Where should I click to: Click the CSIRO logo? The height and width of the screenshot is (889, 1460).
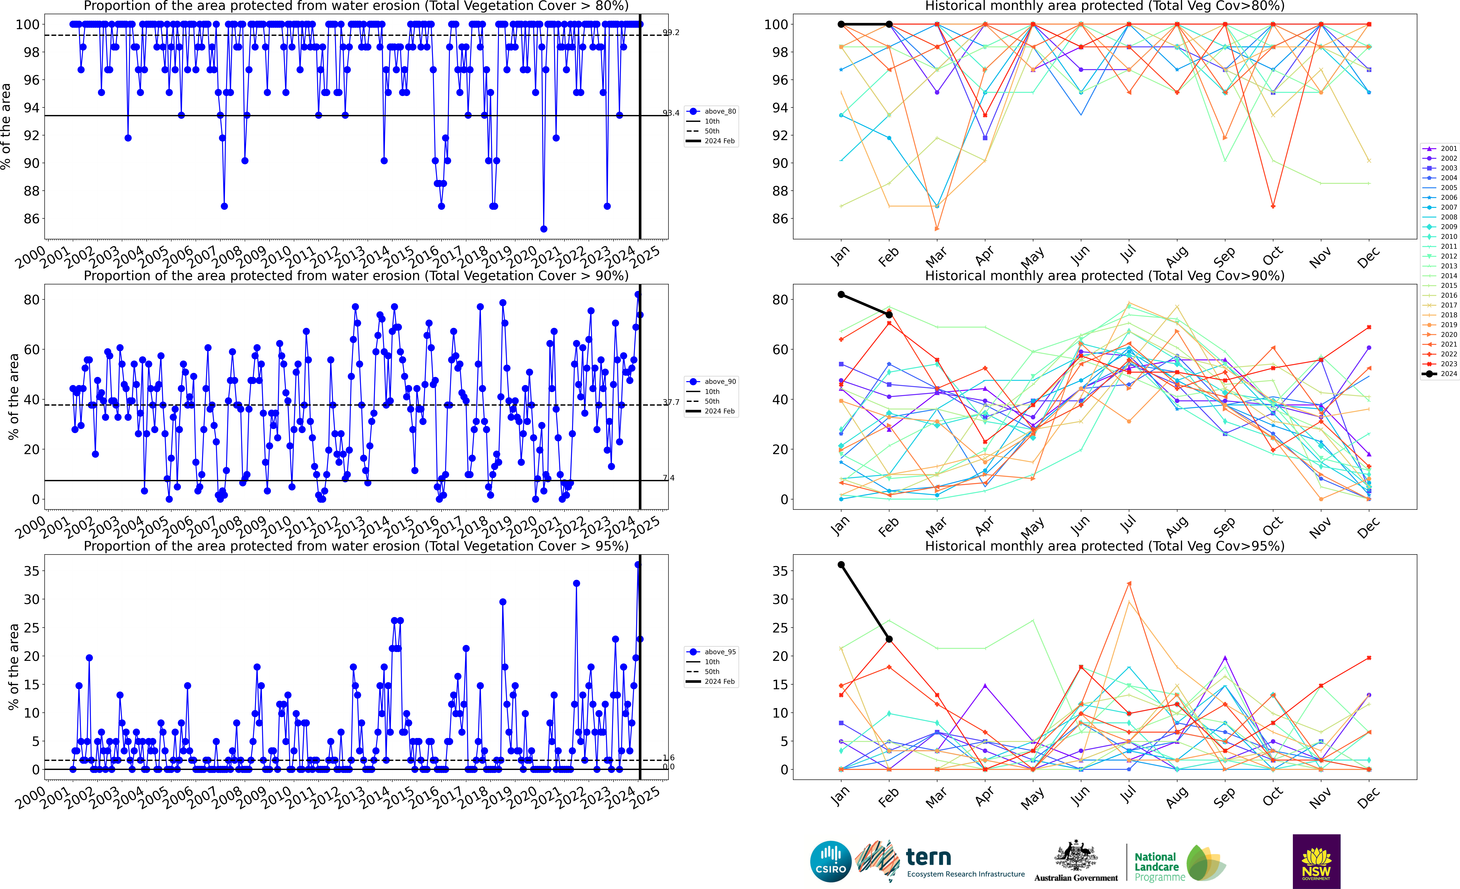pos(831,861)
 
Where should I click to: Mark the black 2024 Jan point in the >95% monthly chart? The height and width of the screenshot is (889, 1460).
pos(841,565)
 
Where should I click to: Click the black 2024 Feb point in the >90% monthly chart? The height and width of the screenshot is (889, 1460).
pos(889,315)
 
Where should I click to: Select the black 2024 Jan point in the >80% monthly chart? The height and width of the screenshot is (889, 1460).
pos(841,24)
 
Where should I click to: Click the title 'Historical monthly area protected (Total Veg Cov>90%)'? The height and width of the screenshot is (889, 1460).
pos(1105,276)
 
